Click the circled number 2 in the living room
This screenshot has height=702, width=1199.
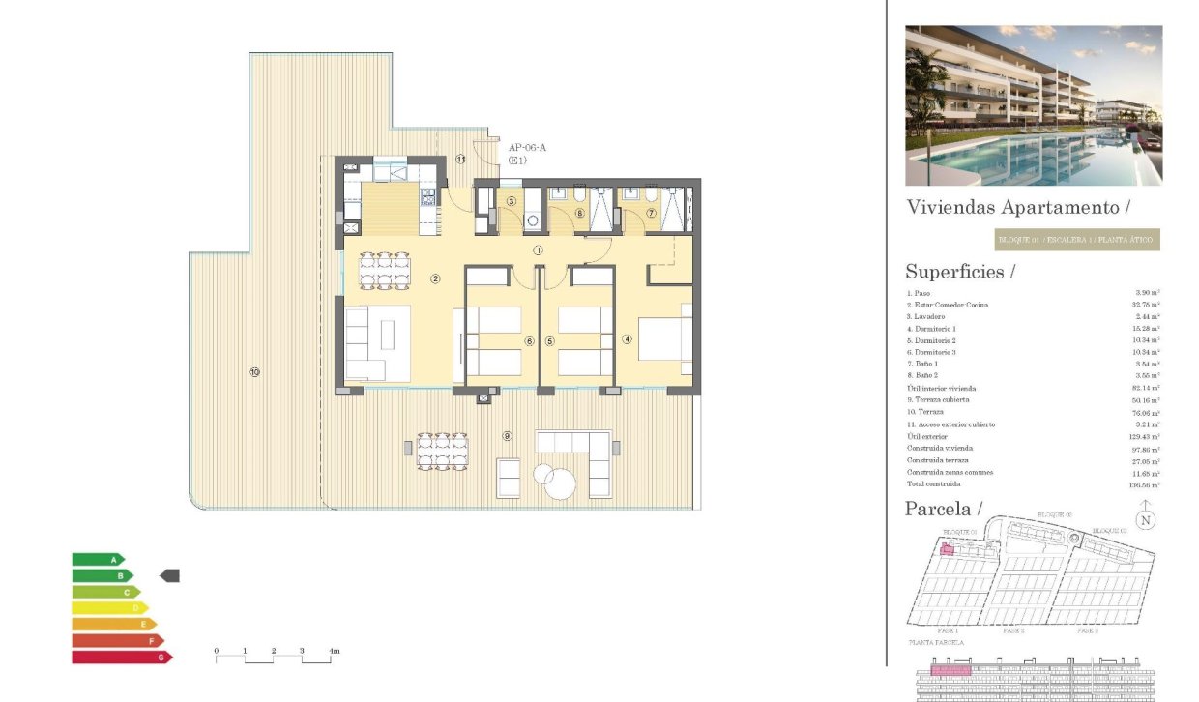pyautogui.click(x=435, y=279)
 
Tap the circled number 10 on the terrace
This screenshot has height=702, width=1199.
pyautogui.click(x=254, y=371)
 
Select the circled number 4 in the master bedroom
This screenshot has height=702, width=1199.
pyautogui.click(x=627, y=339)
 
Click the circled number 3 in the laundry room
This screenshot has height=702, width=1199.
pyautogui.click(x=510, y=201)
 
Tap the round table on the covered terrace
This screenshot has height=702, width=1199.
pyautogui.click(x=560, y=482)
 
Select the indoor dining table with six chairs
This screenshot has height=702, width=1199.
pyautogui.click(x=382, y=271)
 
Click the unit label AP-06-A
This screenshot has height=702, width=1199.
pyautogui.click(x=527, y=147)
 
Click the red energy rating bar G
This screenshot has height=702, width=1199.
pyautogui.click(x=121, y=658)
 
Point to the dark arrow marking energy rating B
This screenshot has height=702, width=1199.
pyautogui.click(x=169, y=575)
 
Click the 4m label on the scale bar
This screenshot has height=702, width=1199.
pyautogui.click(x=334, y=651)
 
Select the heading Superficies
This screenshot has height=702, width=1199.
pyautogui.click(x=959, y=272)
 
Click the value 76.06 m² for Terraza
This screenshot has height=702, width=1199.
pyautogui.click(x=1147, y=412)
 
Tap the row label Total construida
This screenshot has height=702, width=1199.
pyautogui.click(x=933, y=484)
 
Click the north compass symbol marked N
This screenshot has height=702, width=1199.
pyautogui.click(x=1146, y=518)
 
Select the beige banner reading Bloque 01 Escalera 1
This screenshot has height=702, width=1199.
pyautogui.click(x=1076, y=240)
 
